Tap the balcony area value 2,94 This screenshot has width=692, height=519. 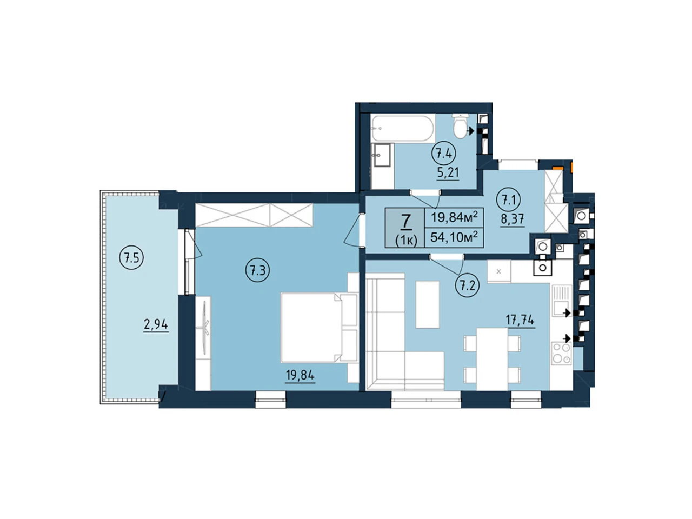156,324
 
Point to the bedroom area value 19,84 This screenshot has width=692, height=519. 300,376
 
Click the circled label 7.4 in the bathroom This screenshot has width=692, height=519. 443,154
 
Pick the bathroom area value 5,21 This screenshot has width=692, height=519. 448,172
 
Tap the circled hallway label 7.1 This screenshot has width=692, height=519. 508,201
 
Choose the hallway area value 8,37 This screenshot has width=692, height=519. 513,219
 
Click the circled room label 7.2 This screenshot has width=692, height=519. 467,287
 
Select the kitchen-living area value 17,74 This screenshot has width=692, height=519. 520,321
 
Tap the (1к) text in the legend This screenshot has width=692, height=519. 406,241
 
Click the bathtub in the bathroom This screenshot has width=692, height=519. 403,129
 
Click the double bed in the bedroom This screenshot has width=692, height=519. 319,328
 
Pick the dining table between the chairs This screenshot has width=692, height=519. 492,359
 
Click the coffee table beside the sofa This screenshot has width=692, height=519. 428,304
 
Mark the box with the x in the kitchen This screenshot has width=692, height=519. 499,271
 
